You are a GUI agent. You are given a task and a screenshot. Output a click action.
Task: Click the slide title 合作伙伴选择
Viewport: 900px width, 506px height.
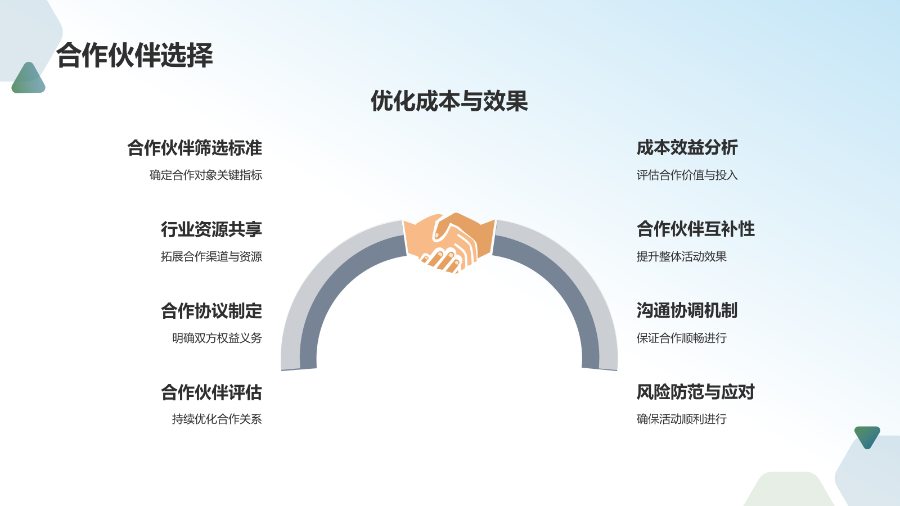(134, 56)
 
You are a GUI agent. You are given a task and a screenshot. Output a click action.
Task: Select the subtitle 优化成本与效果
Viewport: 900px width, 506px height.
(449, 101)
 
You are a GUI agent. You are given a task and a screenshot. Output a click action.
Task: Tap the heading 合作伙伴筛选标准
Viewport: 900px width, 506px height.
(195, 148)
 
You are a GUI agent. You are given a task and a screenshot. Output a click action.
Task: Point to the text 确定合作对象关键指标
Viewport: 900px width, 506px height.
(206, 175)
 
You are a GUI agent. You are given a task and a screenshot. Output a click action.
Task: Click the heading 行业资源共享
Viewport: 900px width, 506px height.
(211, 229)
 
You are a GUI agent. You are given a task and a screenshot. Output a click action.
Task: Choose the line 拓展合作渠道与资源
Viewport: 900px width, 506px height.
(211, 256)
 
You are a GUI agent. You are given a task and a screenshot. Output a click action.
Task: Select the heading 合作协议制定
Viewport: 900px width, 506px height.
(211, 311)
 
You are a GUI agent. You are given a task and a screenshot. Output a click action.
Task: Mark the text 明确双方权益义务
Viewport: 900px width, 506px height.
(217, 338)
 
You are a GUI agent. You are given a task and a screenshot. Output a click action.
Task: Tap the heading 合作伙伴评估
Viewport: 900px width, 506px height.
(211, 392)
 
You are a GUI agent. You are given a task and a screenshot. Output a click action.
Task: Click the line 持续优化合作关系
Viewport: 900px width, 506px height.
(217, 419)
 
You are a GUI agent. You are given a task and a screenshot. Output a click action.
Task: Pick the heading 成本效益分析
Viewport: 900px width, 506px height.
(687, 148)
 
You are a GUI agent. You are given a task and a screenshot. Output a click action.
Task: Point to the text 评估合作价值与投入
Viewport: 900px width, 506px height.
(687, 175)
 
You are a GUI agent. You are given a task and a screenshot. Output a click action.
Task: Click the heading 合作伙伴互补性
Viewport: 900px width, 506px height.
(695, 229)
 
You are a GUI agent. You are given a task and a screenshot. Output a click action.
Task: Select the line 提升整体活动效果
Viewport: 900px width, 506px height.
(681, 256)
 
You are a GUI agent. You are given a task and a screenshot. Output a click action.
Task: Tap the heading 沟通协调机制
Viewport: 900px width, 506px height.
(687, 311)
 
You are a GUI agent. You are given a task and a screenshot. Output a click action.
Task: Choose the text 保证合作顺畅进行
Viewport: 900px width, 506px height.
(681, 338)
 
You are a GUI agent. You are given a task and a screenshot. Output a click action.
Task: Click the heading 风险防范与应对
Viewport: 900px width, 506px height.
(695, 392)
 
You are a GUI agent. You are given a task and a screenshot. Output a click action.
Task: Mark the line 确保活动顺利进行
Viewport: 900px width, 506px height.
(681, 419)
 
